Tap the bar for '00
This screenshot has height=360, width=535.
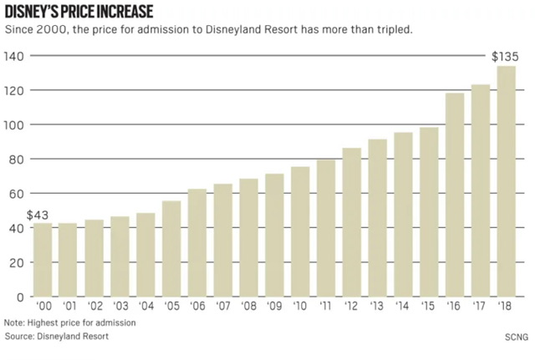(43, 260)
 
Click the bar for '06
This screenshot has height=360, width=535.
(197, 243)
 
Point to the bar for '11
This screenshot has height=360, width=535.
(326, 228)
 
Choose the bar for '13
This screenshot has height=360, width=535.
(378, 218)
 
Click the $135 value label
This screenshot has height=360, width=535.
(505, 57)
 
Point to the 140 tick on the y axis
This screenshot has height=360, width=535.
(15, 56)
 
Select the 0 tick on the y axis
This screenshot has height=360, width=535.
(21, 297)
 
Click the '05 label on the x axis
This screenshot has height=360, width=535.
(171, 307)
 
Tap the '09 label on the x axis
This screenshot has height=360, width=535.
(274, 307)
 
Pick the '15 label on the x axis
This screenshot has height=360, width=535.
(429, 307)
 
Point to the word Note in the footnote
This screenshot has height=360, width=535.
(14, 322)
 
